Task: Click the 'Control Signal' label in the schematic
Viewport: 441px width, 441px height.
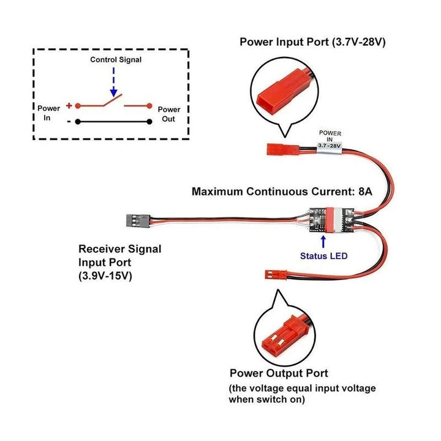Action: click(116, 59)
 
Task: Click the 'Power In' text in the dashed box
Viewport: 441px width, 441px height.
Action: click(48, 113)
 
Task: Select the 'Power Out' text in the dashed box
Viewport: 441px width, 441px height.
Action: click(168, 114)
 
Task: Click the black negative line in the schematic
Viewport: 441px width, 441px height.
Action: click(113, 121)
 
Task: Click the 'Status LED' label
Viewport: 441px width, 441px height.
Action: click(323, 255)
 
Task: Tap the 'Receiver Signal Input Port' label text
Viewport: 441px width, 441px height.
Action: click(120, 256)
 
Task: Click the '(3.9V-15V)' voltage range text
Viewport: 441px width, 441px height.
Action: click(105, 276)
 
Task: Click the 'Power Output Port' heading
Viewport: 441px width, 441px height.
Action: click(279, 373)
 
